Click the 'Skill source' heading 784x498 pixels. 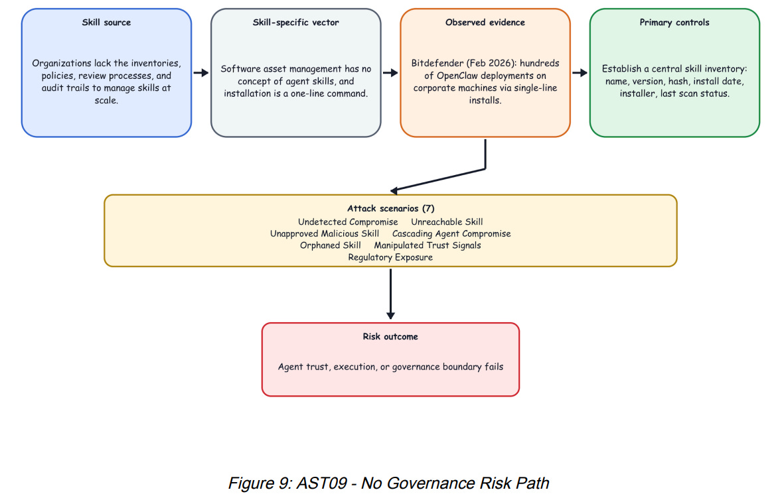click(x=106, y=23)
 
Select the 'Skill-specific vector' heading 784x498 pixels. click(x=295, y=23)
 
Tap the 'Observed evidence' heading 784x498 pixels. click(x=485, y=23)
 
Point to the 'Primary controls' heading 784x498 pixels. click(x=674, y=23)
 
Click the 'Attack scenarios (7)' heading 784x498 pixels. click(x=390, y=208)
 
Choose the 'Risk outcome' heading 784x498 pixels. click(x=390, y=337)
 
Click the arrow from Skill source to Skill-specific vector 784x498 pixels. click(x=201, y=73)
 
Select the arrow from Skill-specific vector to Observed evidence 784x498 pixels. click(x=390, y=73)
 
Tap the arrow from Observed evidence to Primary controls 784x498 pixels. click(x=580, y=73)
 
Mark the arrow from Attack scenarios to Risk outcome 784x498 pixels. click(x=390, y=294)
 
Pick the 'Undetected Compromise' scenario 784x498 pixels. click(x=348, y=221)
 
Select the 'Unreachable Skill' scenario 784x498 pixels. click(x=447, y=221)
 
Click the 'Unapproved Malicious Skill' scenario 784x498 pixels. click(x=325, y=234)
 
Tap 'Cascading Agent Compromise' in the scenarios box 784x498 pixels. click(x=451, y=234)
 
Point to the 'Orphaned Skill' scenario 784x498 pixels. click(x=331, y=245)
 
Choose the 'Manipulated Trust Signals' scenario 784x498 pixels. click(x=428, y=245)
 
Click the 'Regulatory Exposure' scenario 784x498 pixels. click(x=390, y=257)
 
